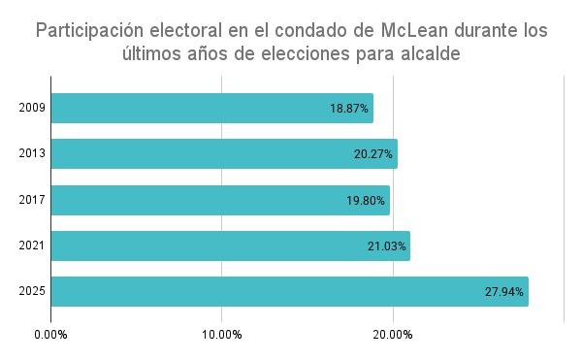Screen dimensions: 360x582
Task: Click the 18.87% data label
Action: (349, 109)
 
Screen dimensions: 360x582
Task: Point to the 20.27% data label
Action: (373, 154)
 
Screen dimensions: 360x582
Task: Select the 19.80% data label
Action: (366, 200)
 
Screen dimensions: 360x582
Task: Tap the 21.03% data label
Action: (386, 245)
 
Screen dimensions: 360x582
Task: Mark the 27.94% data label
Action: (504, 291)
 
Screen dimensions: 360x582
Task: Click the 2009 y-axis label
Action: (32, 109)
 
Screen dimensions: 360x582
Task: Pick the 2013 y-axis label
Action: (32, 154)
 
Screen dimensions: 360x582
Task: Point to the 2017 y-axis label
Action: (32, 200)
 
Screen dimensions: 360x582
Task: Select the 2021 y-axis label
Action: (32, 245)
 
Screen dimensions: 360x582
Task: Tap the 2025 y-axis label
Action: (32, 291)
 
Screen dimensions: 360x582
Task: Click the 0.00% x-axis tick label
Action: (50, 335)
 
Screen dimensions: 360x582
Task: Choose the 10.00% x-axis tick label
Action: (221, 335)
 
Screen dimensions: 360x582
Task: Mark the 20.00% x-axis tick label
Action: (393, 335)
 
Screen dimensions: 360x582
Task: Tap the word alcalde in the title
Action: (426, 55)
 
